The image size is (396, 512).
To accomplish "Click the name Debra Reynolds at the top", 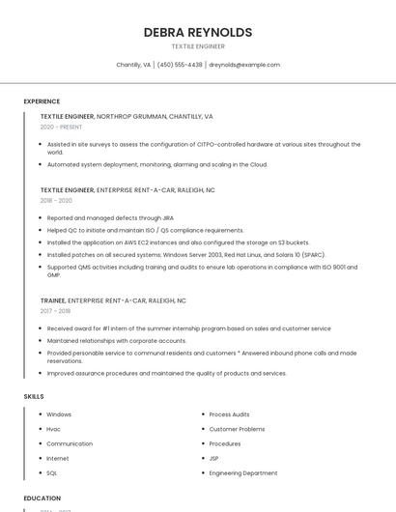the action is click(198, 32).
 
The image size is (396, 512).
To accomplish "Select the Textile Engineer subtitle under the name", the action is click(198, 46).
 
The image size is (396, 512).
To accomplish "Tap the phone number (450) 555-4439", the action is click(180, 65).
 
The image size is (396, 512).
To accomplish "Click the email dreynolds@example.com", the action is click(244, 65).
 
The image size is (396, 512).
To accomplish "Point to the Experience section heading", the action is click(42, 101).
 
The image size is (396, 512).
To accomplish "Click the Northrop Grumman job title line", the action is click(127, 116).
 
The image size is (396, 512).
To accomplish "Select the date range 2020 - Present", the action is click(61, 127).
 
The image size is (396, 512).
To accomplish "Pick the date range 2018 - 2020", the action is click(56, 201).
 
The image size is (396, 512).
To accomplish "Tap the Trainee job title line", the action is click(113, 300).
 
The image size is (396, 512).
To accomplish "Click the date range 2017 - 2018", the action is click(55, 311).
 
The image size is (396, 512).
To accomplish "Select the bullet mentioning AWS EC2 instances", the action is click(178, 242).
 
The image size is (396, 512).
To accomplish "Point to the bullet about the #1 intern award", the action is click(188, 328).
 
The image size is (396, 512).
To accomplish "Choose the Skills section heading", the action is click(34, 396).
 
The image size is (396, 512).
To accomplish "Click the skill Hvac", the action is click(53, 429).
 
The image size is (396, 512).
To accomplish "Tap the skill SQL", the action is click(52, 473).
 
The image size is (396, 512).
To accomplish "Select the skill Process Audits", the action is click(229, 414).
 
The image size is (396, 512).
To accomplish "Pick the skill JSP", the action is click(213, 459).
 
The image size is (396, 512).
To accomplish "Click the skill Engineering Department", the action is click(242, 473).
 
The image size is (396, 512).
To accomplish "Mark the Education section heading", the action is click(42, 498).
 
